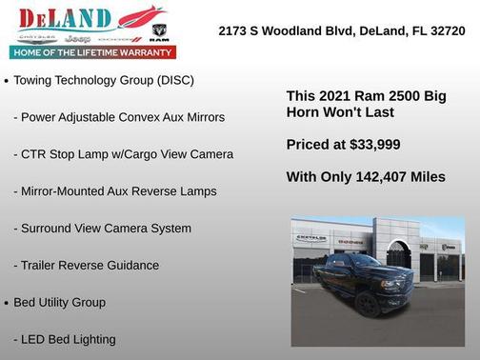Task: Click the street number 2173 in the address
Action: (x=232, y=30)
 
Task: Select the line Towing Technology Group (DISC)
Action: (x=104, y=80)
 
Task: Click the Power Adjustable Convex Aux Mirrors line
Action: (x=119, y=117)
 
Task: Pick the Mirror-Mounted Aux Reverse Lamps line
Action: (x=115, y=191)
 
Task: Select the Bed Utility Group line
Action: (x=59, y=303)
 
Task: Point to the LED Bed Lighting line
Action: (x=65, y=339)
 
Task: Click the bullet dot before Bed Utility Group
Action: (x=7, y=304)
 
